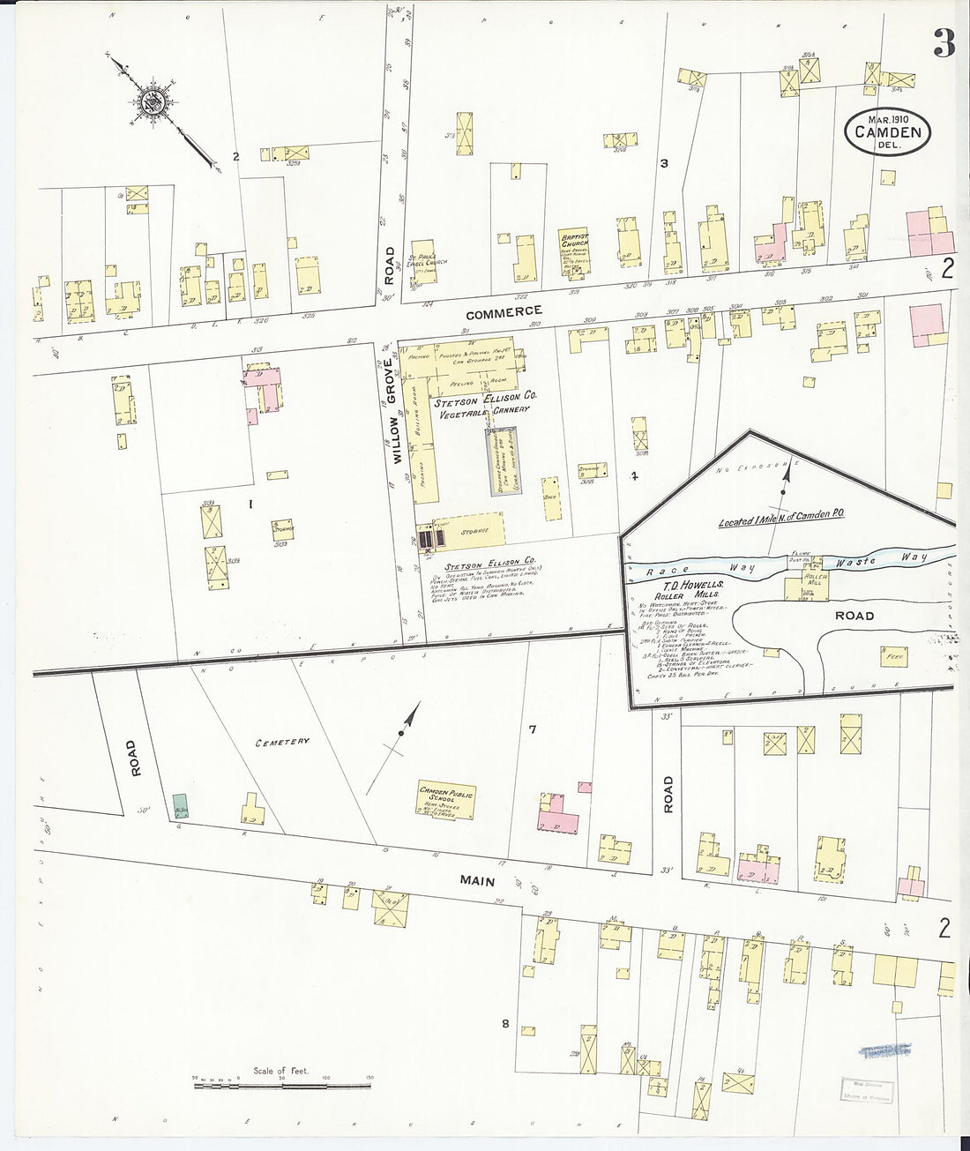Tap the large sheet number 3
coord(944,42)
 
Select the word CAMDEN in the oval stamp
coord(888,133)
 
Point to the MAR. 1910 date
coord(888,118)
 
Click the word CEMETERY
coord(283,742)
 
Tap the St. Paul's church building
coord(423,257)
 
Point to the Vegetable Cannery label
coord(494,409)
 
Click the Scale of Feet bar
coord(282,1080)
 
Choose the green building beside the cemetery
coord(181,805)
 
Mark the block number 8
coord(505,1024)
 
